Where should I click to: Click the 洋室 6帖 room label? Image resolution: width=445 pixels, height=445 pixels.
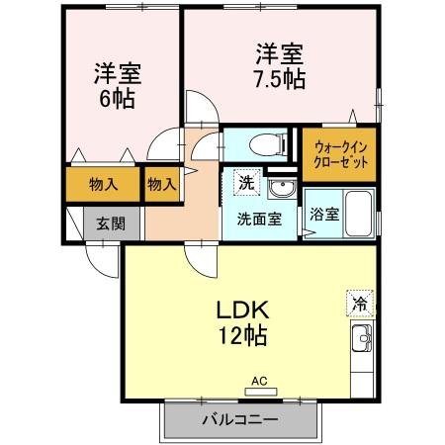115,85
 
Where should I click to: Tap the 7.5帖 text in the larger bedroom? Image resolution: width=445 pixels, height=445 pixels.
280,78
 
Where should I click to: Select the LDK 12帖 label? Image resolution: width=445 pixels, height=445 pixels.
240,320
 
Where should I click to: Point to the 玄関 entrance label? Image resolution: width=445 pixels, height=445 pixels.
109,223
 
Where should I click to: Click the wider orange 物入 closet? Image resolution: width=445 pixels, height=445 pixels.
102,183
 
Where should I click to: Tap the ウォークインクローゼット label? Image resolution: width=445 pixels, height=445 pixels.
339,155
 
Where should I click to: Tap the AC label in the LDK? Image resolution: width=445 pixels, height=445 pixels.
259,380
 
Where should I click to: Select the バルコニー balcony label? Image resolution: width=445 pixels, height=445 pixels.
240,419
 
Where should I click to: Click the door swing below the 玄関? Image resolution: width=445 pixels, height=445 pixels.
99,257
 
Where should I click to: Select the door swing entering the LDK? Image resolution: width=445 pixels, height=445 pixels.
203,259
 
